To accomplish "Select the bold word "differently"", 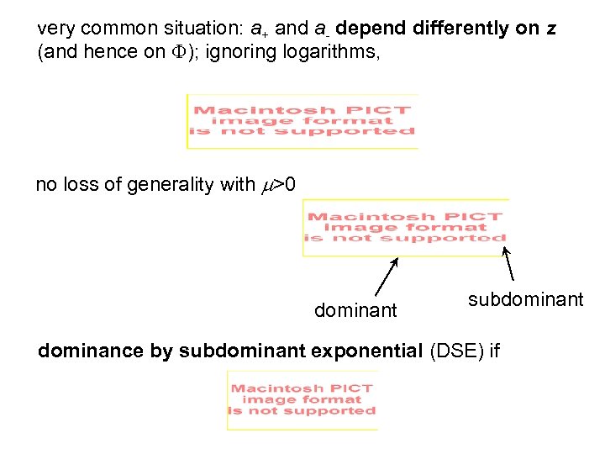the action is [472, 29].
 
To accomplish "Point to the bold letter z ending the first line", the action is [550, 29].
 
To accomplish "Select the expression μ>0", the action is [278, 185].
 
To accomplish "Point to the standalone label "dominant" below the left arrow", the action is [355, 311].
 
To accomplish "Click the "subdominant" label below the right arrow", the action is [525, 300].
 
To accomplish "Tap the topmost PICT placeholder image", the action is [302, 121].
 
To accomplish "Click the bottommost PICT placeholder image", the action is [302, 400].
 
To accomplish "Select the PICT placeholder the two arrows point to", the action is [406, 227].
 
